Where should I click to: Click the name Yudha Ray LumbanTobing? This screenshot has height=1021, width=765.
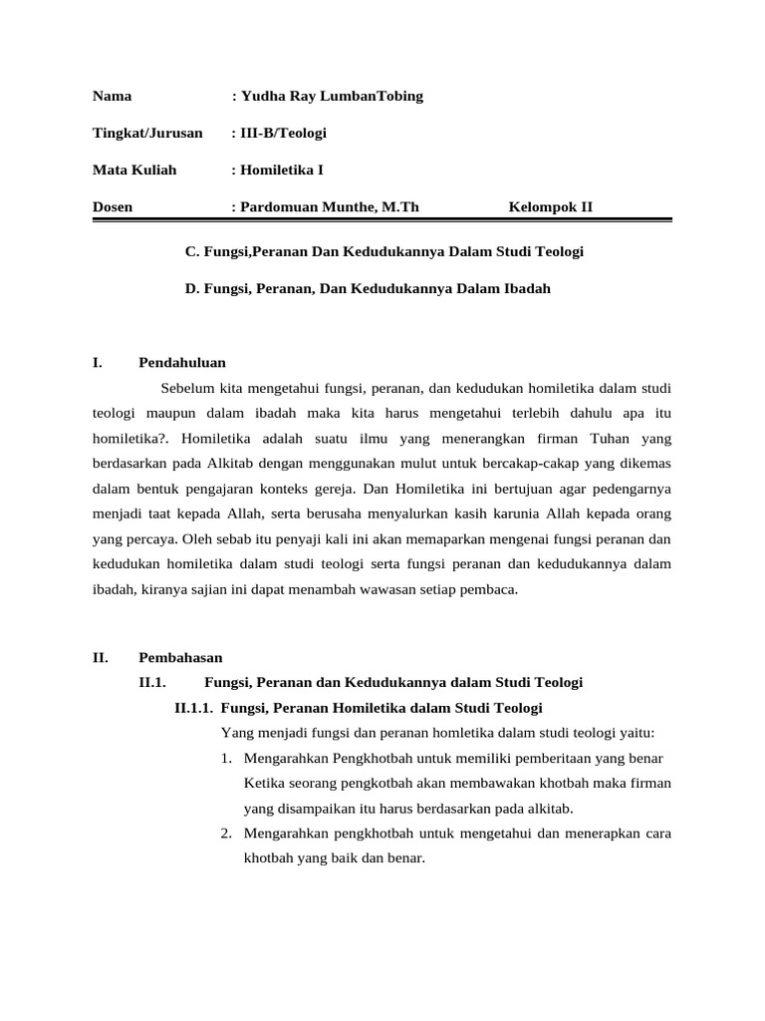tap(331, 97)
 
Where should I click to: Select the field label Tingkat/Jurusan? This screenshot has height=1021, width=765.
tap(147, 133)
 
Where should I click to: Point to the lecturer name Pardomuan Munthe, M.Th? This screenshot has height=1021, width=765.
tap(329, 207)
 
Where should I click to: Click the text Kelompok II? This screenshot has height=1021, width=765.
tap(550, 207)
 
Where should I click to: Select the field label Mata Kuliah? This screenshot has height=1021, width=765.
tap(134, 170)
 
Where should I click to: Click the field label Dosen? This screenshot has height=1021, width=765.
tap(113, 207)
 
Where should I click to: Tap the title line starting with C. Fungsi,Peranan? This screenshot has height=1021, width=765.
tap(383, 252)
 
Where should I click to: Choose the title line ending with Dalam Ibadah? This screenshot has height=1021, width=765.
tap(368, 289)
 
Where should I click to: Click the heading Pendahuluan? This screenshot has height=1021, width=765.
tap(182, 363)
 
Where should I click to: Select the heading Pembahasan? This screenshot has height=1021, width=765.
tap(181, 658)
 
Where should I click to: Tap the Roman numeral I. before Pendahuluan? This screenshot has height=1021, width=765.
tap(97, 363)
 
